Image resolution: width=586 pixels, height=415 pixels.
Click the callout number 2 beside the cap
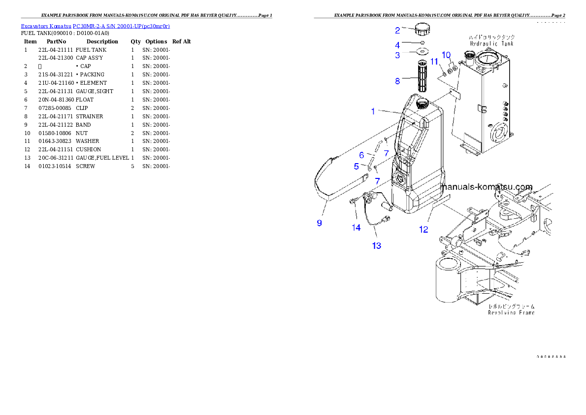pyautogui.click(x=397, y=30)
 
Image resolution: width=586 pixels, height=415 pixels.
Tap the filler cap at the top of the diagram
pyautogui.click(x=422, y=29)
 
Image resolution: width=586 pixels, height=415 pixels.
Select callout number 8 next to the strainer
pyautogui.click(x=397, y=81)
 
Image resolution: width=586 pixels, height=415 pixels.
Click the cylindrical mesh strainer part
pyautogui.click(x=422, y=76)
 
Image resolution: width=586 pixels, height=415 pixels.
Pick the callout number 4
pyautogui.click(x=397, y=45)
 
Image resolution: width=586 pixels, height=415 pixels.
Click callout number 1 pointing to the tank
pyautogui.click(x=373, y=111)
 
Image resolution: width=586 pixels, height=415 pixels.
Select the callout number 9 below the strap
pyautogui.click(x=320, y=223)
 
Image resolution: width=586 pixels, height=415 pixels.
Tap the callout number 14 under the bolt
pyautogui.click(x=356, y=227)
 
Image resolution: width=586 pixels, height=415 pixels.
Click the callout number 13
pyautogui.click(x=376, y=245)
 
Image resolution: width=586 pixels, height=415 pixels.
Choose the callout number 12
pyautogui.click(x=423, y=229)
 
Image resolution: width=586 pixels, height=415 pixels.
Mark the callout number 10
pyautogui.click(x=446, y=54)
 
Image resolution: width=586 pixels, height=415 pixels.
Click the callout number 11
pyautogui.click(x=434, y=61)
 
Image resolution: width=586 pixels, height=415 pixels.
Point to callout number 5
pyautogui.click(x=357, y=167)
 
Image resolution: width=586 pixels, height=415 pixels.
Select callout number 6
pyautogui.click(x=361, y=155)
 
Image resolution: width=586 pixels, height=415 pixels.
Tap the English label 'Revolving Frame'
pyautogui.click(x=511, y=312)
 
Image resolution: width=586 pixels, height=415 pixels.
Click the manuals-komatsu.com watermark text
pyautogui.click(x=487, y=187)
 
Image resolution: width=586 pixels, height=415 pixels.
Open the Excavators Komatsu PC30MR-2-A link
pyautogui.click(x=95, y=26)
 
